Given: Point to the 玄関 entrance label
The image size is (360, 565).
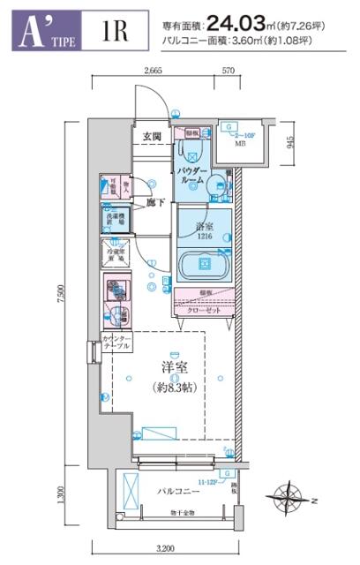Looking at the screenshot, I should [152, 136].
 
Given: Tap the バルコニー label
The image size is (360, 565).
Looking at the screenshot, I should [176, 489].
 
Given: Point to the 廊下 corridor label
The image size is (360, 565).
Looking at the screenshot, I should [156, 202].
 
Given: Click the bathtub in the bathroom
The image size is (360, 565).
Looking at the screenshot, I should [204, 264].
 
